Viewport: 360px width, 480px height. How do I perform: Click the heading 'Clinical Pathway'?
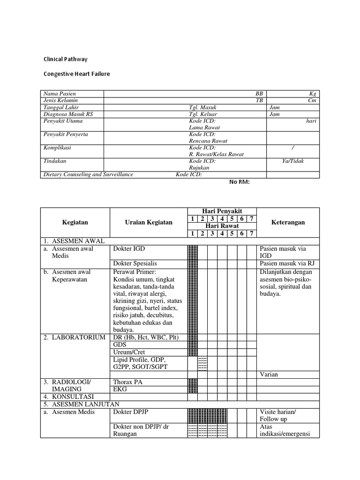[65, 60]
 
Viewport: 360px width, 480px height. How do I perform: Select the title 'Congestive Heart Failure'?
[76, 74]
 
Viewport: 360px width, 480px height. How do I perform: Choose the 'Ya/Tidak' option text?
[292, 161]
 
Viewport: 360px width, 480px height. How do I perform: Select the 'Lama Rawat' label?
[204, 127]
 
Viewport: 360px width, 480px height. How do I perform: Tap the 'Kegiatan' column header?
[75, 222]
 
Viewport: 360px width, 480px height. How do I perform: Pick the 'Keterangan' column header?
[288, 222]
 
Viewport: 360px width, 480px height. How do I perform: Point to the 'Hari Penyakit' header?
[222, 211]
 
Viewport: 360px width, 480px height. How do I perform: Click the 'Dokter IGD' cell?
[129, 249]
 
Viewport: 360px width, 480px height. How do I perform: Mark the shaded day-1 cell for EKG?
[192, 389]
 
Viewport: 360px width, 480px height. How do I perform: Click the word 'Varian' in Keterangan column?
[269, 374]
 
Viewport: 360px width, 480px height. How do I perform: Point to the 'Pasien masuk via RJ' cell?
[286, 263]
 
